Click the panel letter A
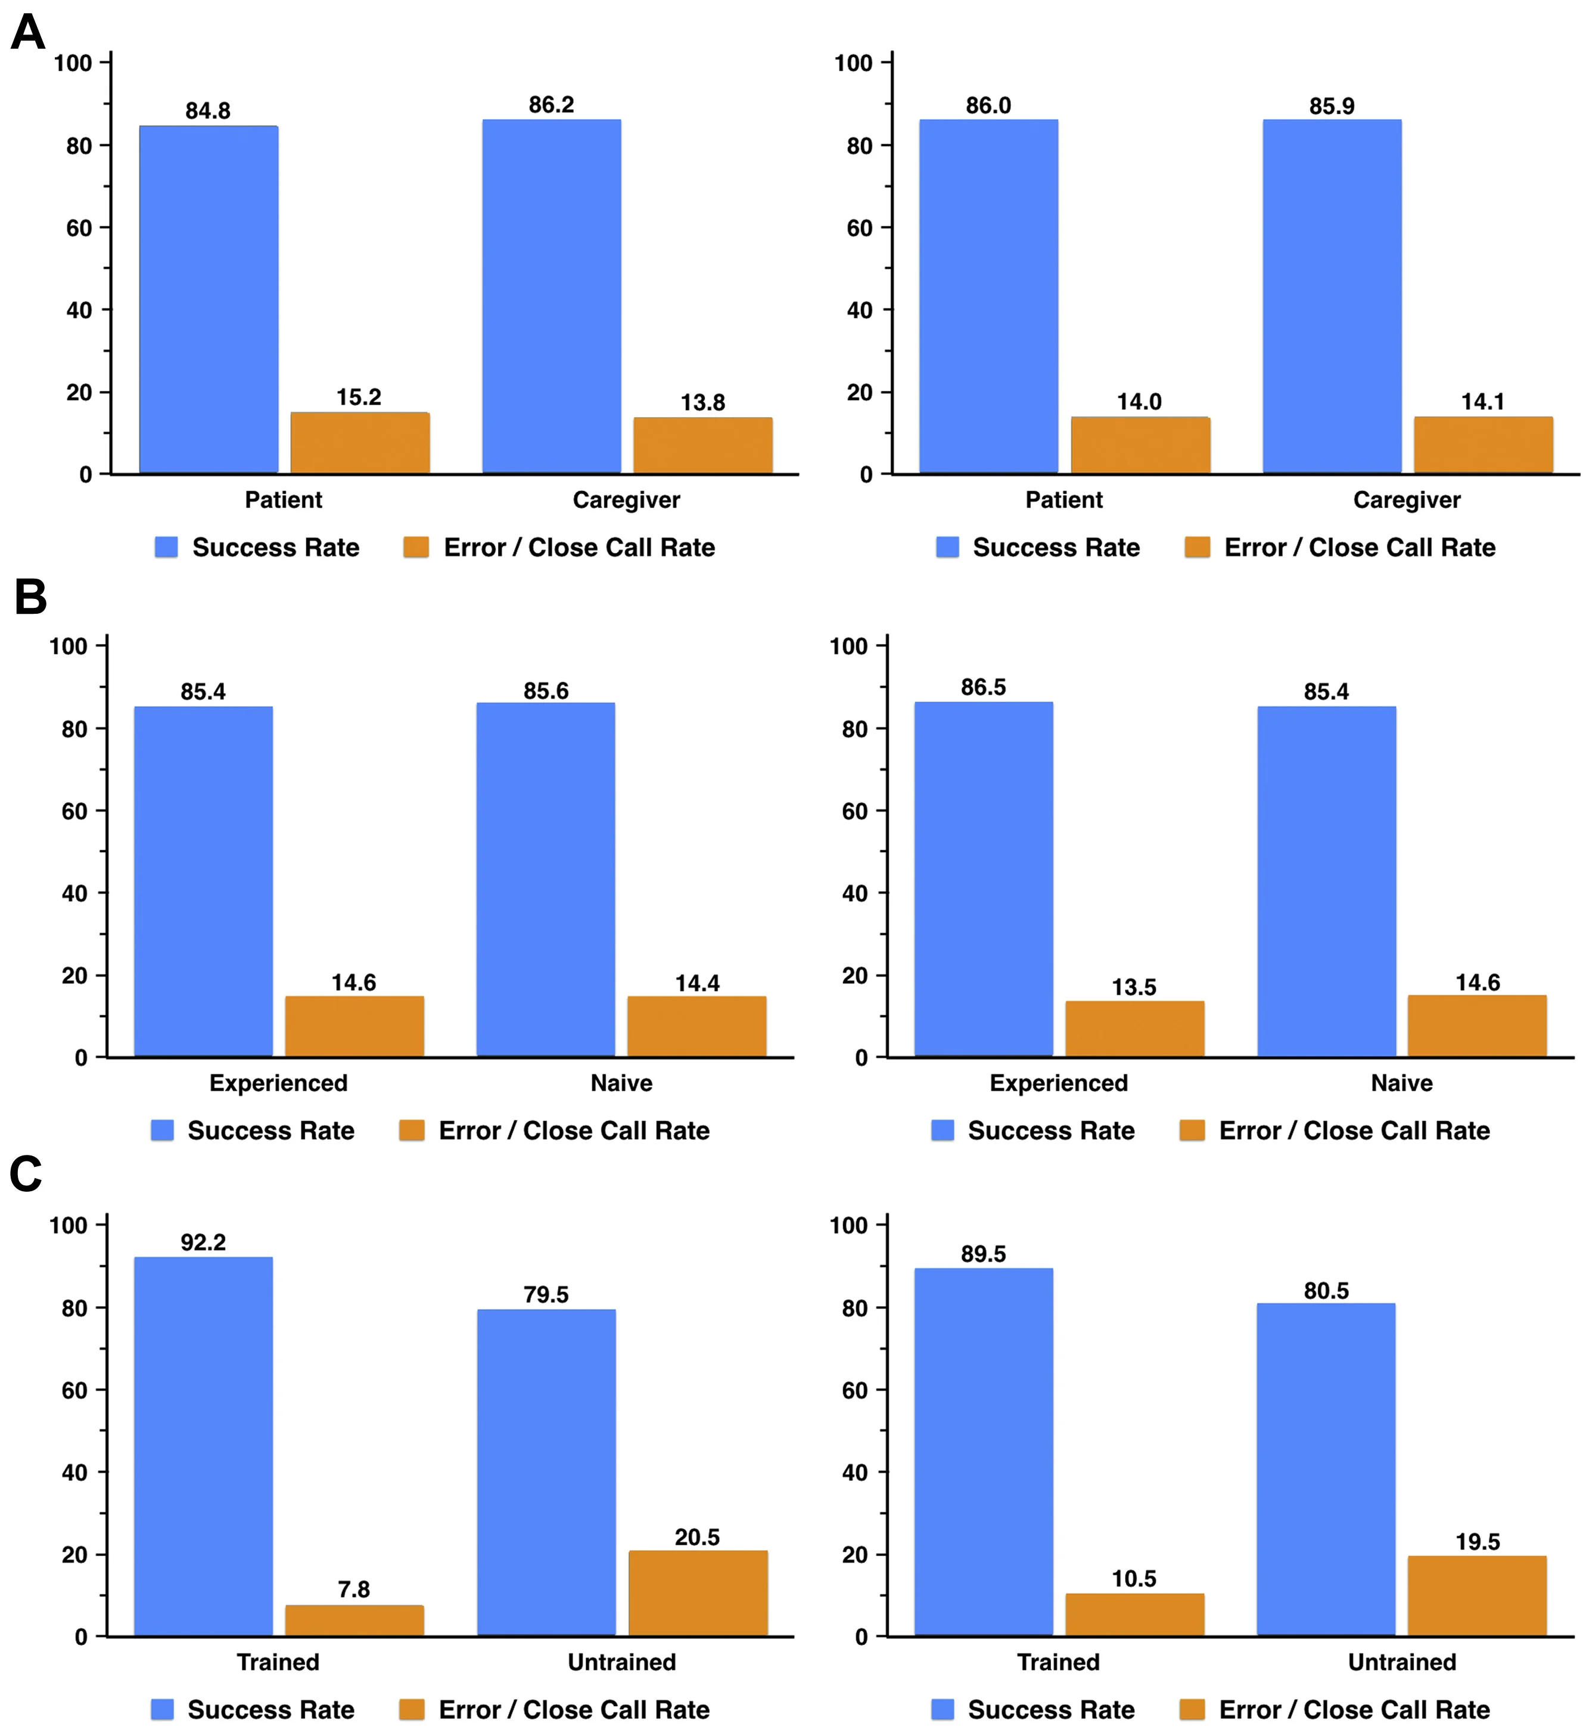click(x=28, y=35)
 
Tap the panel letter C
click(x=26, y=1173)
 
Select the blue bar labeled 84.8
click(x=208, y=300)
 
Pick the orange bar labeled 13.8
click(x=702, y=446)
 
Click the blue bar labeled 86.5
click(x=984, y=879)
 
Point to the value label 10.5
click(x=1134, y=1578)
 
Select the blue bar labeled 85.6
click(x=546, y=879)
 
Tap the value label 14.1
click(x=1483, y=401)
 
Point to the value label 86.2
click(x=551, y=104)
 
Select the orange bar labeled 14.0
click(x=1140, y=446)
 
